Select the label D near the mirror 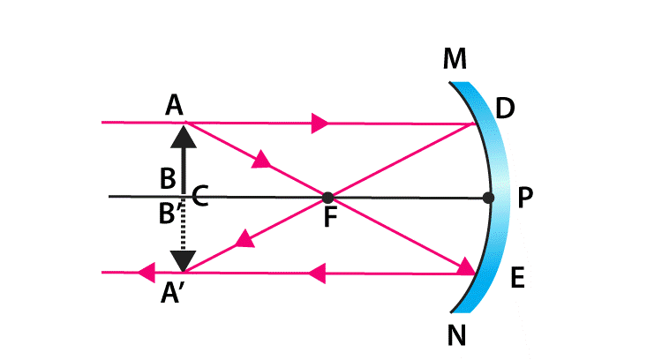[505, 109]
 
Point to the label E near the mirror [518, 281]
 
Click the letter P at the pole [525, 199]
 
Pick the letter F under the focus [330, 217]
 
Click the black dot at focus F [327, 197]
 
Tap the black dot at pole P [490, 197]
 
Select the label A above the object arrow [174, 106]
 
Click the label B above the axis [167, 180]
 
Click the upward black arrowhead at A [183, 133]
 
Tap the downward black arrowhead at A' [183, 261]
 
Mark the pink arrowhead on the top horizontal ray [320, 123]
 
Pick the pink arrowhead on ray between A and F [262, 160]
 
